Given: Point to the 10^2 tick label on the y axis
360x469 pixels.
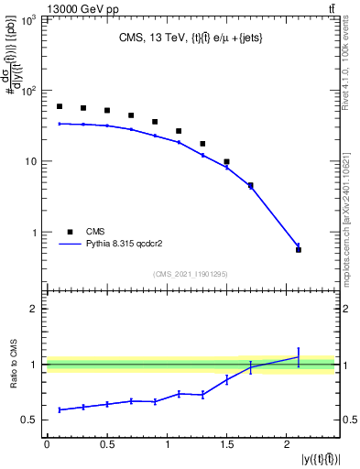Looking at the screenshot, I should pyautogui.click(x=27, y=92).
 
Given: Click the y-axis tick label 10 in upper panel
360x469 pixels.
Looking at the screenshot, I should pyautogui.click(x=30, y=162).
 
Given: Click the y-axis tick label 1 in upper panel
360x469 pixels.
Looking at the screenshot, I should pyautogui.click(x=34, y=233).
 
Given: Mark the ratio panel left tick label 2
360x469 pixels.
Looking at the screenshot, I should pyautogui.click(x=34, y=309).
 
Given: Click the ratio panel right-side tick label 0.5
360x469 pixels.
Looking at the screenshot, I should pyautogui.click(x=349, y=420).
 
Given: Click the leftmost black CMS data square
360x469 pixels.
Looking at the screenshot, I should pyautogui.click(x=60, y=106).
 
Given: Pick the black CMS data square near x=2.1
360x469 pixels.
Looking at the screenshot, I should pyautogui.click(x=298, y=249).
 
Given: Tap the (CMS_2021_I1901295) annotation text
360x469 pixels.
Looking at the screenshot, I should pyautogui.click(x=190, y=273).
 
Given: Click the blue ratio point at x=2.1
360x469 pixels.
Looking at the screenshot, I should pyautogui.click(x=298, y=357).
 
